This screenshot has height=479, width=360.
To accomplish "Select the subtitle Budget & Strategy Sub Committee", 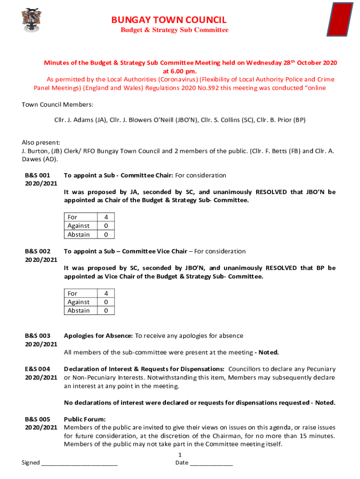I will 175,30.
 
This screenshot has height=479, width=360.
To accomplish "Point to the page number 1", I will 180,455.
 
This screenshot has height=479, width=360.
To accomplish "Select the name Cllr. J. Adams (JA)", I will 80,120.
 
